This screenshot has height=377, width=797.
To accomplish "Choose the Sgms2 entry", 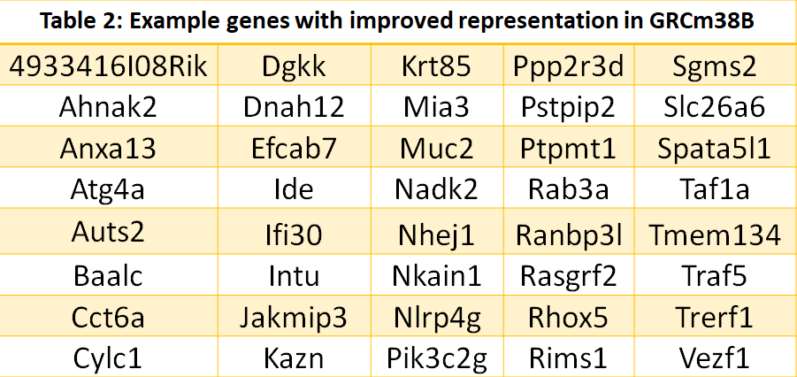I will point(714,66).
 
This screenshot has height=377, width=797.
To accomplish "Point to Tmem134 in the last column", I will point(714,235).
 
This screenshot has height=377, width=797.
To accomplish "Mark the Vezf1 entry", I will point(714,358).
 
